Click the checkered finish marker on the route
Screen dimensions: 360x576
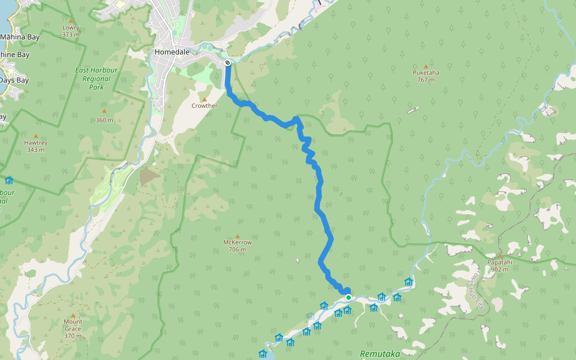[227, 63]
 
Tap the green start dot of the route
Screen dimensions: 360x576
[348, 297]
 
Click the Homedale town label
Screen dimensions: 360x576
[172, 52]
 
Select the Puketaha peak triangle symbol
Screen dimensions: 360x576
[426, 66]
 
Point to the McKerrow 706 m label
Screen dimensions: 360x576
[237, 246]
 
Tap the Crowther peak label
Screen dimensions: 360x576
[204, 106]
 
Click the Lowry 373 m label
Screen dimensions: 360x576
[71, 31]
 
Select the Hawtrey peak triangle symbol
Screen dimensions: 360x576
[35, 136]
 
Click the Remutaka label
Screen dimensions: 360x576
[379, 354]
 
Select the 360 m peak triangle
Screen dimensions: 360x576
[104, 110]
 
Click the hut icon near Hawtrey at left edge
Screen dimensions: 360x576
[8, 180]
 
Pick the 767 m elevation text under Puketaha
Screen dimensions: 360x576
[426, 80]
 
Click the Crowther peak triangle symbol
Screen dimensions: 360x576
[204, 99]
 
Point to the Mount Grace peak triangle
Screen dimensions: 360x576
[73, 315]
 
